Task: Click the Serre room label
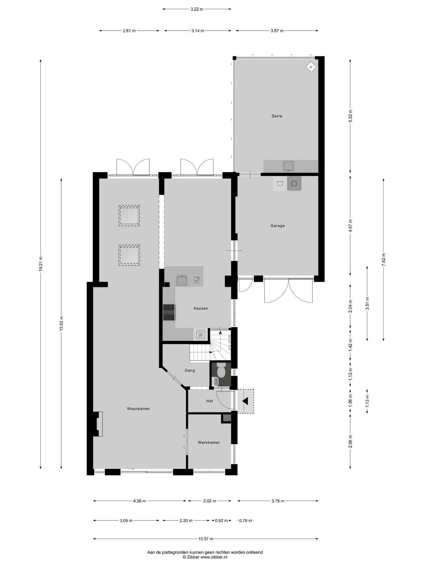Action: [x=277, y=116]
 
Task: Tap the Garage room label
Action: [x=277, y=226]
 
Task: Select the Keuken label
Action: [x=201, y=308]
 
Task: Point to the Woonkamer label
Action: [x=138, y=409]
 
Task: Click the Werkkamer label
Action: [x=209, y=442]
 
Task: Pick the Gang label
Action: [x=190, y=371]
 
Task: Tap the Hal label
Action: [x=209, y=401]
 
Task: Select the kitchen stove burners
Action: [x=169, y=312]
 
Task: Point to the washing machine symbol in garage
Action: [x=294, y=183]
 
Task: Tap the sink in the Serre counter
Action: [x=289, y=166]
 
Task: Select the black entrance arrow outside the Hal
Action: [x=245, y=401]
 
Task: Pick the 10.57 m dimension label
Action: [x=206, y=539]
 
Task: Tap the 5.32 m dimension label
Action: [x=350, y=116]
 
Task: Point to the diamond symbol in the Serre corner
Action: [x=311, y=67]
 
